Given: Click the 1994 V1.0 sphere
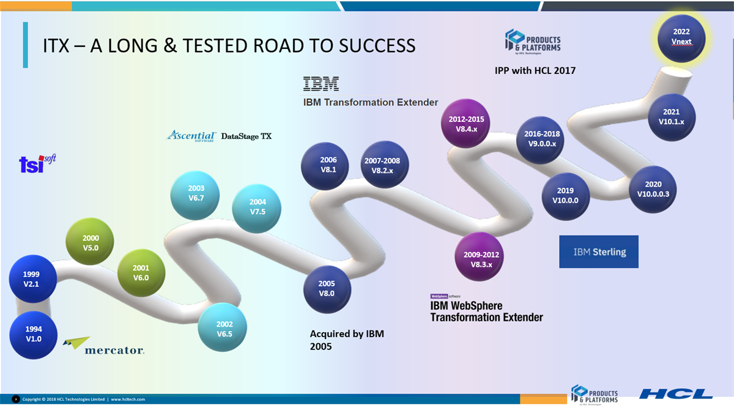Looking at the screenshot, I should (34, 334).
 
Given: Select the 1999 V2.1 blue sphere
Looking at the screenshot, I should (32, 279).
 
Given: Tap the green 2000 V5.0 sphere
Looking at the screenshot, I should (91, 243).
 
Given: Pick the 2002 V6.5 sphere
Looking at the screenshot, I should (224, 329).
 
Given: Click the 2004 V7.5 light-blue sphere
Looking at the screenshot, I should (258, 207).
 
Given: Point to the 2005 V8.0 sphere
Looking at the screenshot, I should (327, 289).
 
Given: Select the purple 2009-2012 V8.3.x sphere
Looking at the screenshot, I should (481, 259).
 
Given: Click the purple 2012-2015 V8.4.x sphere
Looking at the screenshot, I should (466, 124).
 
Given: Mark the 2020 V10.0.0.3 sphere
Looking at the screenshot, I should (653, 189).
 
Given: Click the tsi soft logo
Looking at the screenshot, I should (37, 163).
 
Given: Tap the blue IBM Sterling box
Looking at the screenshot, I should (599, 252).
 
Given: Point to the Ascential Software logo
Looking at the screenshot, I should (191, 136).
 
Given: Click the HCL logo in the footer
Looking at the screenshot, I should (675, 393).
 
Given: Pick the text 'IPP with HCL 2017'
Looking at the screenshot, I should (535, 71).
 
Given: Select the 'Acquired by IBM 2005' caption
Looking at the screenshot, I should (347, 340).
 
